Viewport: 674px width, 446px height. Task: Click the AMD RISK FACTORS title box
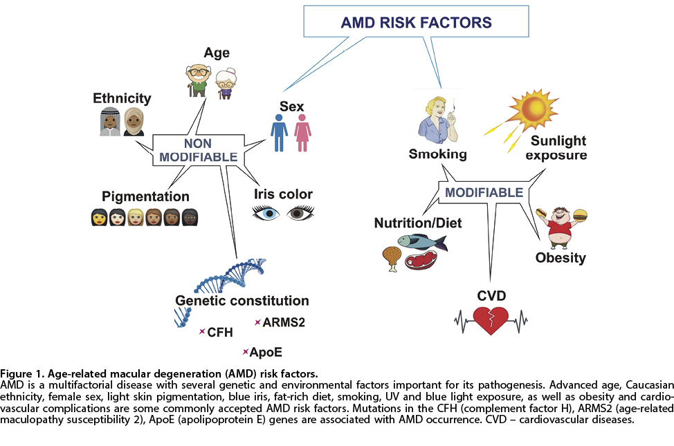point(416,21)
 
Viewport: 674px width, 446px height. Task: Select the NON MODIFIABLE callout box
point(198,150)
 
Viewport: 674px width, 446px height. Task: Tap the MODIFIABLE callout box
point(484,192)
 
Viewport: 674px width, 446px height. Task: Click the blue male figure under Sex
point(279,133)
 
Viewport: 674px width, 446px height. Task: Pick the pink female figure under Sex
point(302,133)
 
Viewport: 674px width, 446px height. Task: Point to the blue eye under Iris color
point(266,213)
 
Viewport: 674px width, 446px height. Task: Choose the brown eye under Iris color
point(300,213)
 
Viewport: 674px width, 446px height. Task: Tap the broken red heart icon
point(491,320)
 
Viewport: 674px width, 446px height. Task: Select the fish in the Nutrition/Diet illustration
point(422,242)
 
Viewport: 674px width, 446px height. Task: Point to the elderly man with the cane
point(198,80)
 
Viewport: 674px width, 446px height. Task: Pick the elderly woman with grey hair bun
point(226,84)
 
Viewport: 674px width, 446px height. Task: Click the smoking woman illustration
point(437,120)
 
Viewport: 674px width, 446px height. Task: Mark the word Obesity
point(561,258)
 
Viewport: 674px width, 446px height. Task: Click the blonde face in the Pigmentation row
point(136,217)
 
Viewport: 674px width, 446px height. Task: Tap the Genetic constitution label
point(242,300)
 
